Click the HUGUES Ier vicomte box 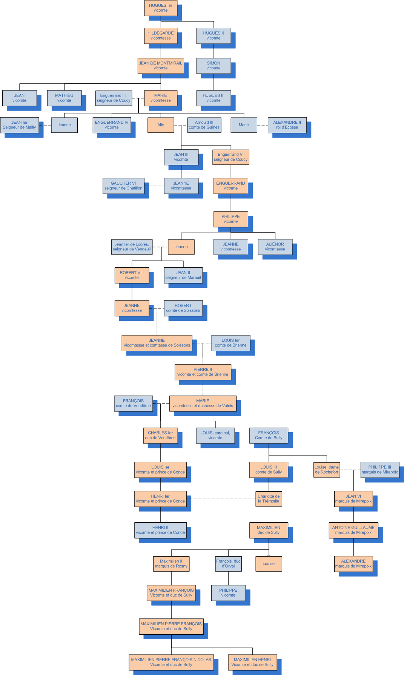160,8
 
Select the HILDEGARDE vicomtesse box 160,36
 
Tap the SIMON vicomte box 214,66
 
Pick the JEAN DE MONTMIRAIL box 160,66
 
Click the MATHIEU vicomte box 64,98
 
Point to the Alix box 160,125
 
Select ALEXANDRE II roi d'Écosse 287,125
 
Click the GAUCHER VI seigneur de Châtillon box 123,186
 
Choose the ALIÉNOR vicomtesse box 275,247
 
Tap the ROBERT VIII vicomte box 132,275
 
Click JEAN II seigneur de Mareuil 183,275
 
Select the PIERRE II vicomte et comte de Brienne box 203,372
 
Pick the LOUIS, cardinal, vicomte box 215,435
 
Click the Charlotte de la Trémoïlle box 269,499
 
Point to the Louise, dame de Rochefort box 327,469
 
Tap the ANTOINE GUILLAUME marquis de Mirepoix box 353,530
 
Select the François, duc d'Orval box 228,563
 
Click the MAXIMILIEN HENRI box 252,662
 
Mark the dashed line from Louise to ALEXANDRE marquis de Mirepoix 308,564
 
